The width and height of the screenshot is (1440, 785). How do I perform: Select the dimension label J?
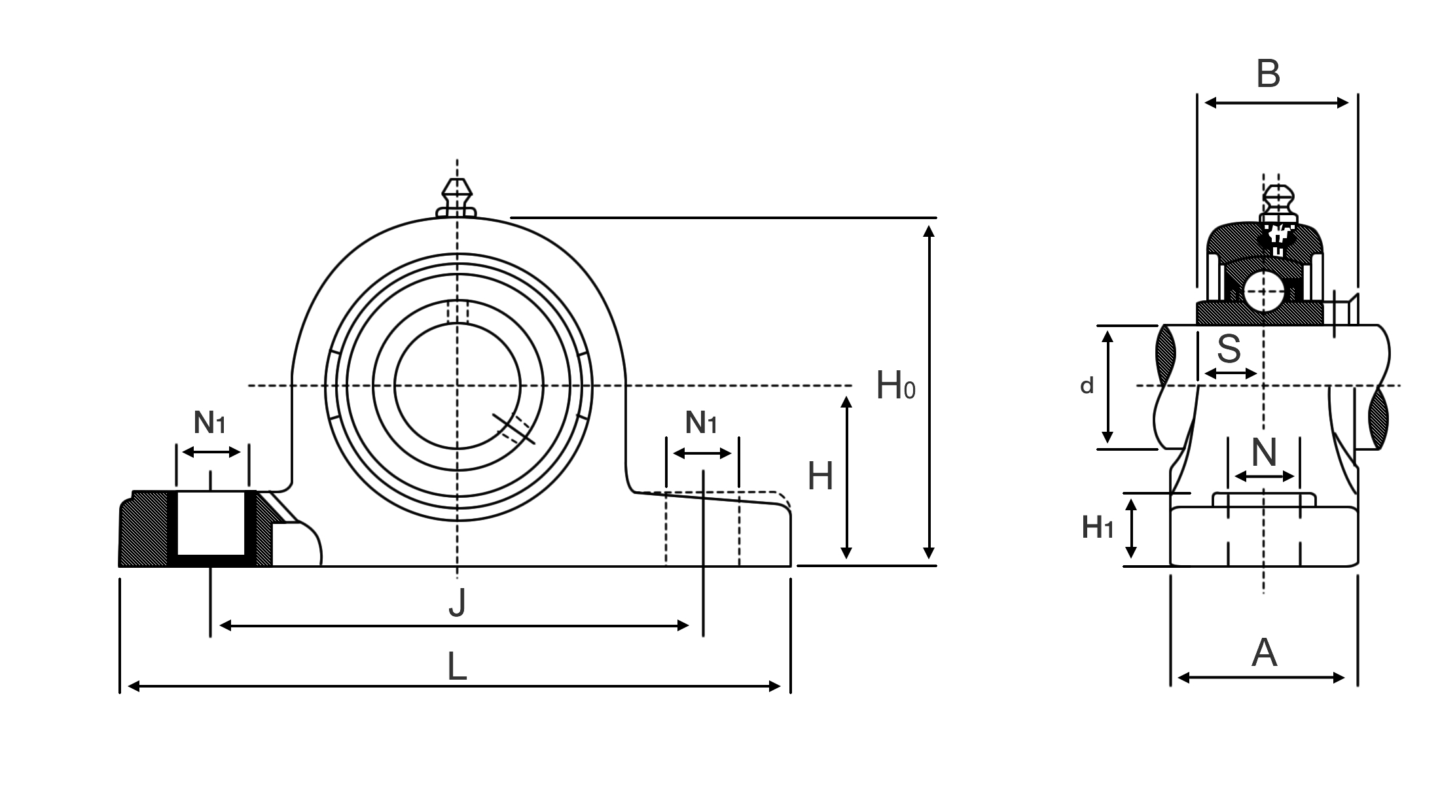point(457,602)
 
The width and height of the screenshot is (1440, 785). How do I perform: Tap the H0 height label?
point(895,386)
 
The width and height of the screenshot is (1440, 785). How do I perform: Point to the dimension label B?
point(1268,74)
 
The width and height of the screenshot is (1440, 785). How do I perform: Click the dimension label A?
point(1264,653)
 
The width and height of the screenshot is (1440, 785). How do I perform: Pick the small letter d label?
point(1087,386)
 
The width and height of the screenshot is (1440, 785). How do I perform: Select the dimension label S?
point(1229,349)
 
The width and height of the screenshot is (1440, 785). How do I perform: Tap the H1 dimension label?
point(1097,527)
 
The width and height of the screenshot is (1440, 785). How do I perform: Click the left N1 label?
point(209,423)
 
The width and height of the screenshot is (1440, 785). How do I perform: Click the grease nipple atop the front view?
point(457,196)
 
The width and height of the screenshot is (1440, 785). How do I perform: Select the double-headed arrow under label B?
point(1276,103)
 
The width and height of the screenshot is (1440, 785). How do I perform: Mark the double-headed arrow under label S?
point(1231,374)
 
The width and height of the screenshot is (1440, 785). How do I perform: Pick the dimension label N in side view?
point(1264,451)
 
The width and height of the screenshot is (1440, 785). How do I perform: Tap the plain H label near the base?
point(820,476)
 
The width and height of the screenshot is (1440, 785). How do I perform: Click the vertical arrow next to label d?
point(1107,387)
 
